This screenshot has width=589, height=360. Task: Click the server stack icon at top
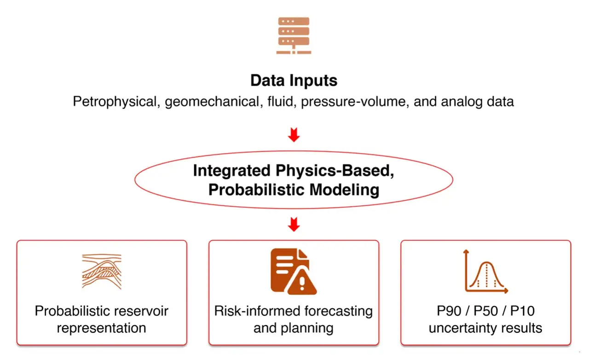click(294, 35)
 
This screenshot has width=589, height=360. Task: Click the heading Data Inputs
click(294, 81)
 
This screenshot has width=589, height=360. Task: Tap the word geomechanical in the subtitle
click(212, 101)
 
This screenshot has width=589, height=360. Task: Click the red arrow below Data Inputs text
click(294, 134)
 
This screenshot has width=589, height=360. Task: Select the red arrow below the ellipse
click(294, 224)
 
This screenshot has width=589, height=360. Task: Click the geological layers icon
click(102, 271)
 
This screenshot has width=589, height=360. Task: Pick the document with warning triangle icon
click(294, 271)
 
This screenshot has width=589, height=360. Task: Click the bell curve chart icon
click(485, 271)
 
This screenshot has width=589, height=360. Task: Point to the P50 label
click(485, 311)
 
